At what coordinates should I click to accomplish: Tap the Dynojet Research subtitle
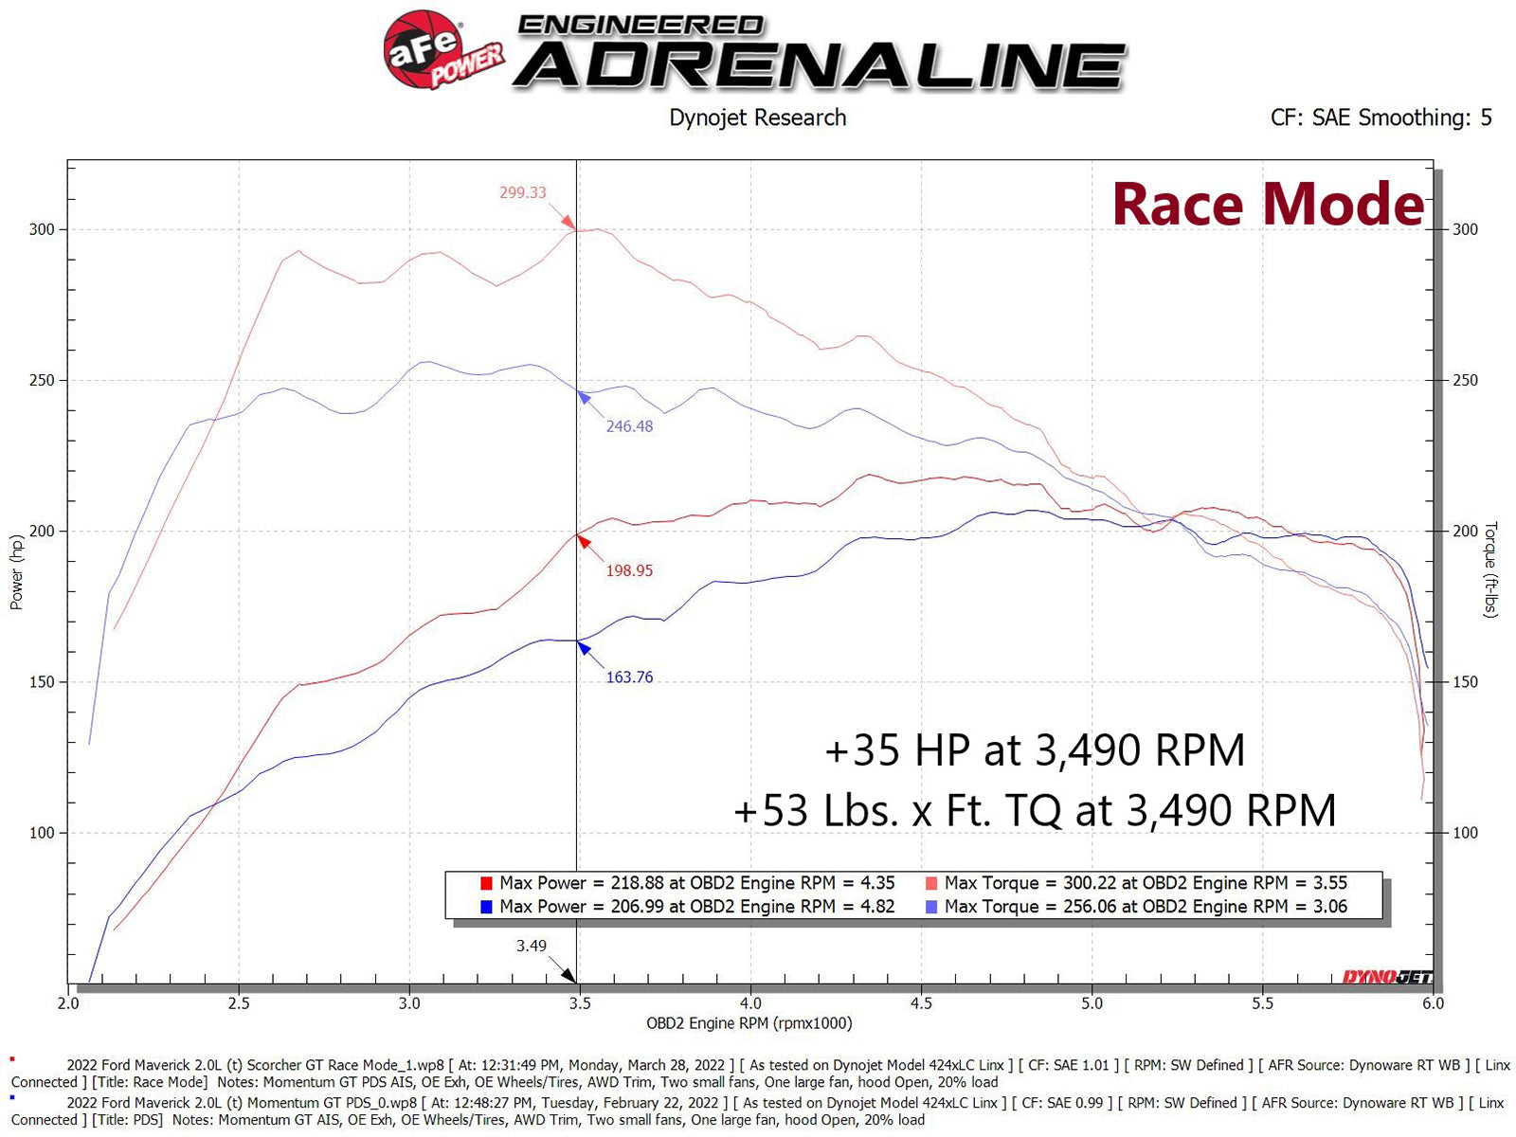[x=757, y=117]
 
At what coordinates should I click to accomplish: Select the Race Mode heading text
[x=1267, y=204]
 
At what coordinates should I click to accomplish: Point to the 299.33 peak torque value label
[x=523, y=192]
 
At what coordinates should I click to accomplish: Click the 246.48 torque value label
[x=629, y=426]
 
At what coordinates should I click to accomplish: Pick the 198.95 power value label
[x=629, y=570]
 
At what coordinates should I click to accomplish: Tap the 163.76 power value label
[x=629, y=677]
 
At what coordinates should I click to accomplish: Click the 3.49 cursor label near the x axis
[x=531, y=946]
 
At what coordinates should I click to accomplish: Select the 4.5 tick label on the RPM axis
[x=921, y=1003]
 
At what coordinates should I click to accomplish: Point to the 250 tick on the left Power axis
[x=42, y=380]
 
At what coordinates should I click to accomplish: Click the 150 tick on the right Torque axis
[x=1465, y=682]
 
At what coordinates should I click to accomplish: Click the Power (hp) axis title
[x=16, y=572]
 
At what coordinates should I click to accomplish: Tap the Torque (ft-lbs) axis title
[x=1490, y=569]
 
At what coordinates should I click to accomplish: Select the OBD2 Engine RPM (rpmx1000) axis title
[x=749, y=1023]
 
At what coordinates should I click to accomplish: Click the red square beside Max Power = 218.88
[x=486, y=883]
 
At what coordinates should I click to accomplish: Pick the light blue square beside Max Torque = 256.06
[x=930, y=907]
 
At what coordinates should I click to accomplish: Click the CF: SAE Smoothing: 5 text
[x=1381, y=117]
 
